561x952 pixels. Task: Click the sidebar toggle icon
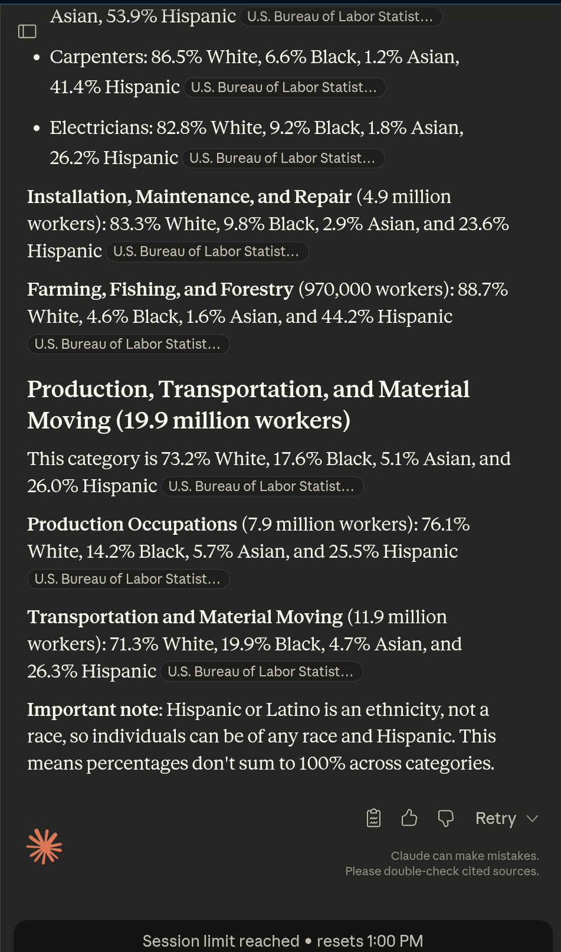pyautogui.click(x=27, y=31)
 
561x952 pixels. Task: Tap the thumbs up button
pyautogui.click(x=409, y=818)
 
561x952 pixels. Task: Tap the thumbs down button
pyautogui.click(x=445, y=818)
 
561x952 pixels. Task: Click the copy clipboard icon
pyautogui.click(x=373, y=818)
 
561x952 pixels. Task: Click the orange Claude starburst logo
pyautogui.click(x=44, y=846)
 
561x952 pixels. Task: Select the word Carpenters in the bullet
pyautogui.click(x=98, y=57)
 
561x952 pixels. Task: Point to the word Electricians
pyautogui.click(x=101, y=128)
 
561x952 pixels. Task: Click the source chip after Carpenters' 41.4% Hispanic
pyautogui.click(x=284, y=88)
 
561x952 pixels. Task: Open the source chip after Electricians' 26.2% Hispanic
pyautogui.click(x=283, y=158)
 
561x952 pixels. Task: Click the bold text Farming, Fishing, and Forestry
pyautogui.click(x=160, y=290)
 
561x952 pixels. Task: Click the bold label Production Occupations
pyautogui.click(x=132, y=524)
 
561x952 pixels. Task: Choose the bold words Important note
pyautogui.click(x=94, y=709)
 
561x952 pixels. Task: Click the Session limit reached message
pyautogui.click(x=221, y=940)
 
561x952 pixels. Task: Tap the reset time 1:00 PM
pyautogui.click(x=395, y=940)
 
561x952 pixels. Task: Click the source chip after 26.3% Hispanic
pyautogui.click(x=261, y=672)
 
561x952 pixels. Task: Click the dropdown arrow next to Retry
pyautogui.click(x=532, y=819)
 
